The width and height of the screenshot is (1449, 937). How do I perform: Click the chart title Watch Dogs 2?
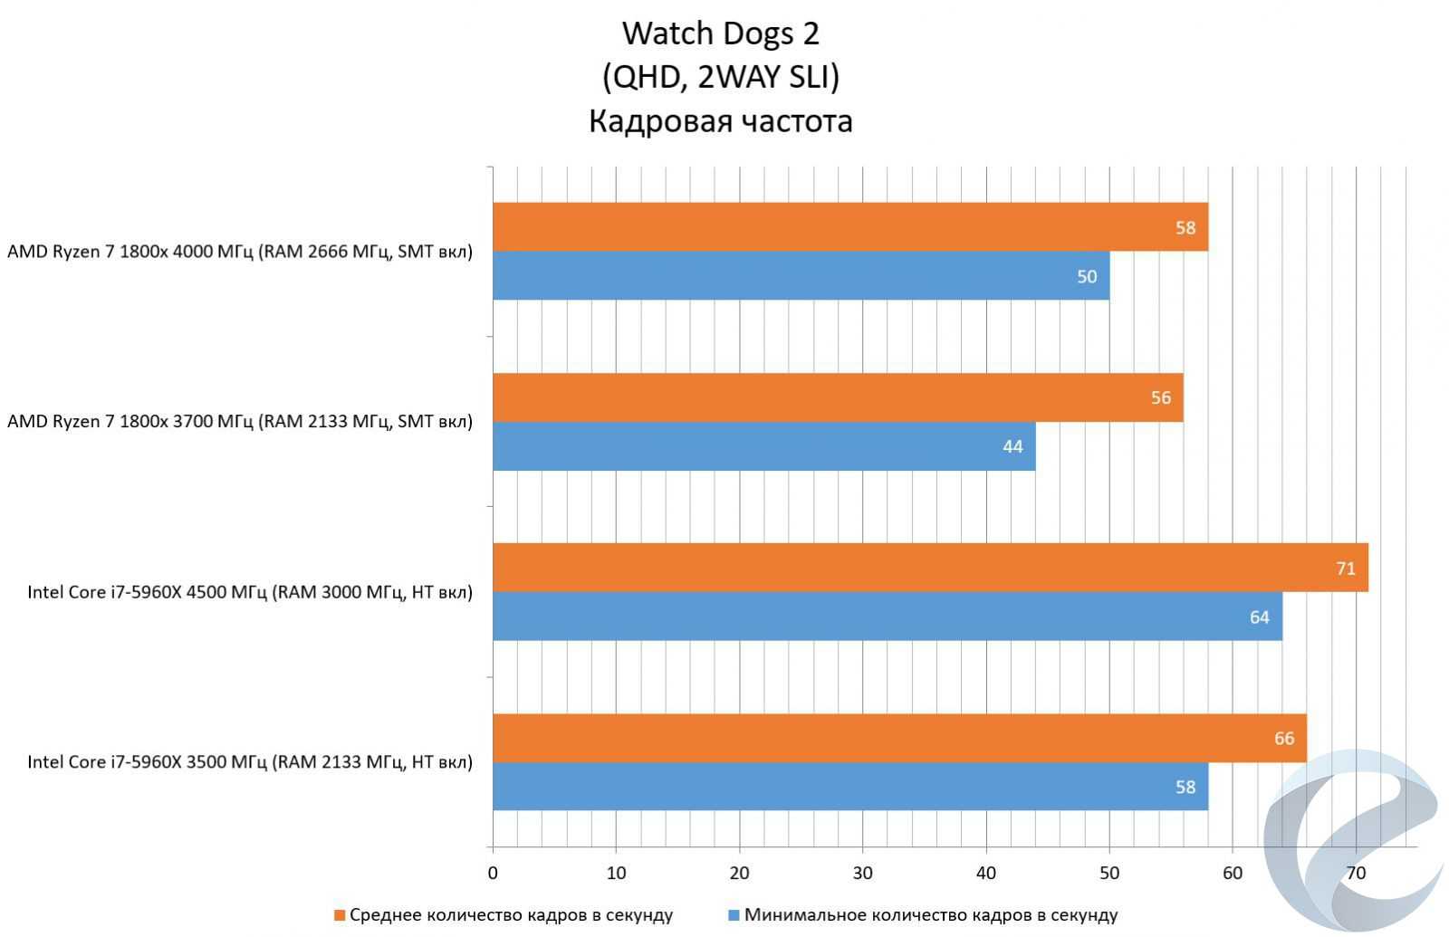tap(721, 33)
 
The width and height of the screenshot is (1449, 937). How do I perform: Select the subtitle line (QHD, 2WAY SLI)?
tap(721, 77)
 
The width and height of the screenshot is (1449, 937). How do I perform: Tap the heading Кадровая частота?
tap(721, 121)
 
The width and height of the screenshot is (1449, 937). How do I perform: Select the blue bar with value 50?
tap(801, 276)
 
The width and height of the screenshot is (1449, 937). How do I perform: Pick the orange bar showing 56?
tap(838, 397)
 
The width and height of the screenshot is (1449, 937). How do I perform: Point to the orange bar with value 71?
tap(930, 568)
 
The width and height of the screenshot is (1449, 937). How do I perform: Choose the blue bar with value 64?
tap(887, 617)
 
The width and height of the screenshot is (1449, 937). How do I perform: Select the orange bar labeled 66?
tap(899, 738)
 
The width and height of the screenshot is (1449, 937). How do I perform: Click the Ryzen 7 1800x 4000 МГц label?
tap(240, 252)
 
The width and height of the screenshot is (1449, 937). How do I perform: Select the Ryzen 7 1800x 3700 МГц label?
tap(240, 421)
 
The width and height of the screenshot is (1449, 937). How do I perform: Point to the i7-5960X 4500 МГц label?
tap(250, 592)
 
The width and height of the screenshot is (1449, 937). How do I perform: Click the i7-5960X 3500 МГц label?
tap(250, 761)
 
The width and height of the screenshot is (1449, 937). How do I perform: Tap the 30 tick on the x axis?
tap(862, 874)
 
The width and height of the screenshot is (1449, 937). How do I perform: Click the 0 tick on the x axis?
tap(493, 874)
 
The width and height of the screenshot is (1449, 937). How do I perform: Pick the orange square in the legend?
tap(340, 915)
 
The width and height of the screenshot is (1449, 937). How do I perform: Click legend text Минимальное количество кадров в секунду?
tap(931, 915)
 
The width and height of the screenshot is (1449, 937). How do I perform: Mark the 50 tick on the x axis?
tap(1109, 874)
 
